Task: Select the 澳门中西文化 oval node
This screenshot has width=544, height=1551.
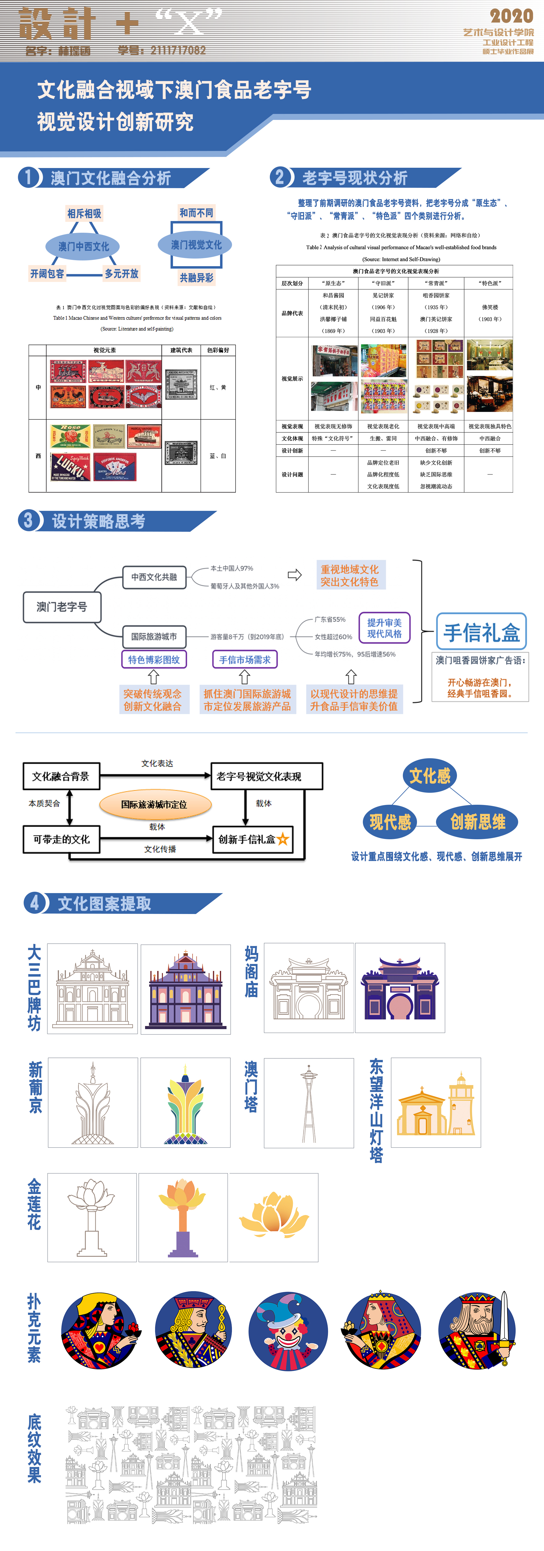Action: pos(84,246)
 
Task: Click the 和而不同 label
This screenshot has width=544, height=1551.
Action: pos(196,213)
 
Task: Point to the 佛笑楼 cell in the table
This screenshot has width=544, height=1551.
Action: pos(490,307)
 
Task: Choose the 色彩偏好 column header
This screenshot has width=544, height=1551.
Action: pos(218,350)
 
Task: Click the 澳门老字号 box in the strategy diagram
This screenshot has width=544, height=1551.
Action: pos(61,606)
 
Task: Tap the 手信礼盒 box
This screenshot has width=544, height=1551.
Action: pos(481,632)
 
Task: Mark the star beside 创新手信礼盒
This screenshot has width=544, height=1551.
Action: pos(283,839)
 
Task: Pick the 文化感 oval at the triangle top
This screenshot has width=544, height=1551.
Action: pos(429,775)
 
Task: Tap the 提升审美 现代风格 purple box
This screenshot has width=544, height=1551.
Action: pos(384,628)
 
